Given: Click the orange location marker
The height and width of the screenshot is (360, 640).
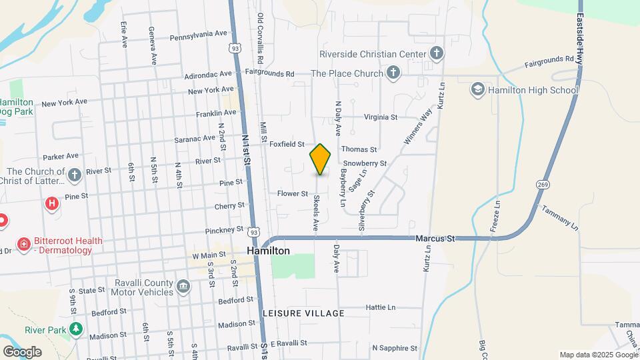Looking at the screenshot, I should coord(321,159).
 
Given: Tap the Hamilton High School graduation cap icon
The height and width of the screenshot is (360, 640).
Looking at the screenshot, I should coord(477,89).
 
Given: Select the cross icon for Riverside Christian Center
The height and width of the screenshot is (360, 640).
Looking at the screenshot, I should coord(436,53).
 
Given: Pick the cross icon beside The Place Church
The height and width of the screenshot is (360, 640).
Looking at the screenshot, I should coord(393,73).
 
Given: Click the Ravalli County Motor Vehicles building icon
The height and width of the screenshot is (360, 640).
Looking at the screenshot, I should coord(183,286).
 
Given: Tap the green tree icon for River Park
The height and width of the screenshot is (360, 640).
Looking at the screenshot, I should coord(77,329).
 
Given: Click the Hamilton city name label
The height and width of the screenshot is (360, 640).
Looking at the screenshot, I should coord(268,251).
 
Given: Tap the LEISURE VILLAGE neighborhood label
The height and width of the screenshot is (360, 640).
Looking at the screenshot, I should coord(303,313).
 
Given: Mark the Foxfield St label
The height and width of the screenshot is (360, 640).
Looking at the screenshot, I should coord(287,143).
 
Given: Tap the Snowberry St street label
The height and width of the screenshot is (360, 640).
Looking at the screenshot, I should coord(365,163).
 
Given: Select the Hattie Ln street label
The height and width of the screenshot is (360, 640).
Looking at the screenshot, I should coord(381,307).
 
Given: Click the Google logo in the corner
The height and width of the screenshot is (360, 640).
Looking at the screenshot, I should coord(22,351).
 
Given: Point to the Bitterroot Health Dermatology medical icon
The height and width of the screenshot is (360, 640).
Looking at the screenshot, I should coord(25,245).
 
